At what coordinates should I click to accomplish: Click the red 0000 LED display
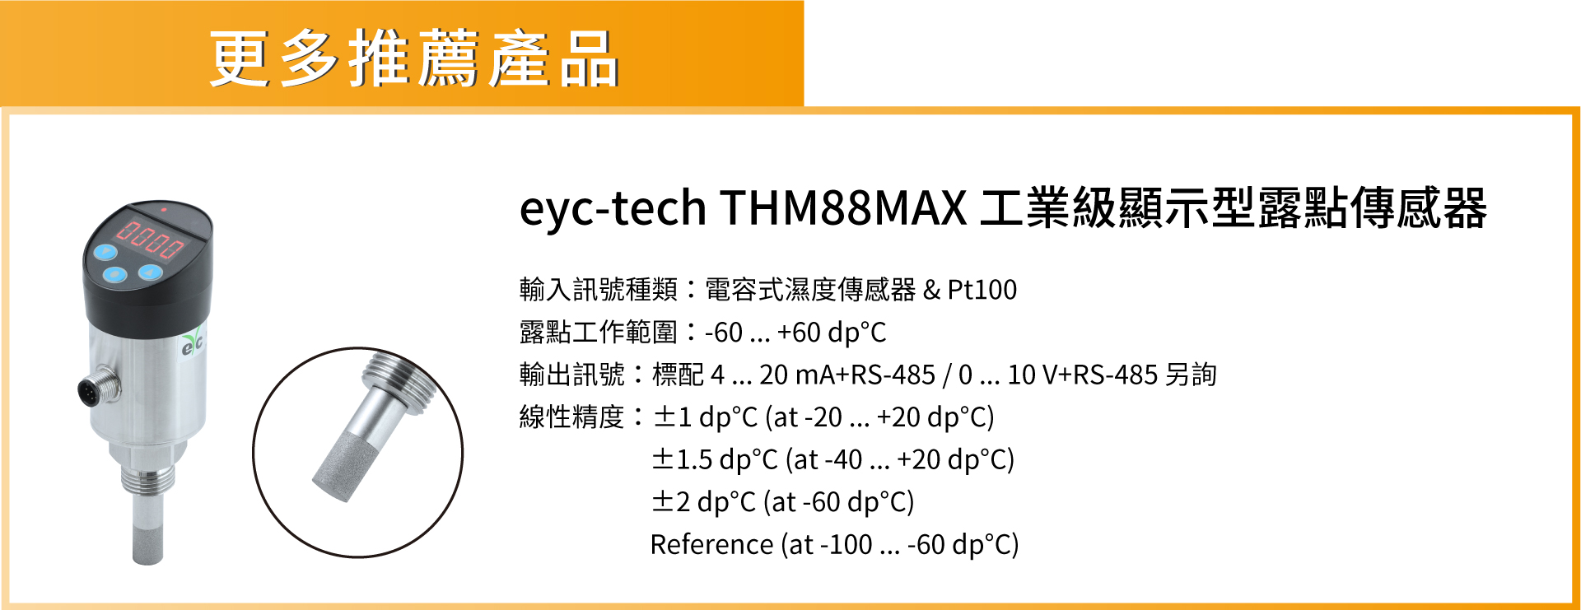pos(151,237)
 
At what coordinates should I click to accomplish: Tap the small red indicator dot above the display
pos(164,210)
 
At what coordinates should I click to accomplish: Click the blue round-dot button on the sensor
pos(114,274)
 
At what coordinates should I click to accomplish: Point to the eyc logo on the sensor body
pos(193,342)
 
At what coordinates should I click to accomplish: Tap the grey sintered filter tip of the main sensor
pos(148,536)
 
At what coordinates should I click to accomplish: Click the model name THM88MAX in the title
pos(843,207)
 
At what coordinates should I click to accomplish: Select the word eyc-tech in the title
pos(613,207)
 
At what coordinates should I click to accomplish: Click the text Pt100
pos(982,290)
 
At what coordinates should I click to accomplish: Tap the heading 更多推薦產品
pos(413,58)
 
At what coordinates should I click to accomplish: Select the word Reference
pos(711,544)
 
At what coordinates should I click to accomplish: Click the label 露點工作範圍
pos(598,333)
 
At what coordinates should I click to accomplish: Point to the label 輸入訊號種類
pos(598,290)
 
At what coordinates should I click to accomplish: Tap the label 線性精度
pos(571,417)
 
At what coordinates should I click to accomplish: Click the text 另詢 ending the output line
pos(1191,375)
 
